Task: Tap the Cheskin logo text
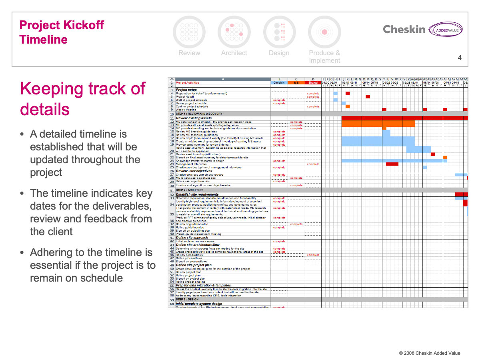404,29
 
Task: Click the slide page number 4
460,58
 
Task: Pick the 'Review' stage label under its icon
189,53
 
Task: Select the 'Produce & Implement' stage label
324,56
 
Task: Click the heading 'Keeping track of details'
82,98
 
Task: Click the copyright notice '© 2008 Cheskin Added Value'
430,353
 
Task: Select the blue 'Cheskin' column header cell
279,83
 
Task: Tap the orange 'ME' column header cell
296,83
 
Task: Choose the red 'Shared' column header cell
313,83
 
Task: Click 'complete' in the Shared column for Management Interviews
313,164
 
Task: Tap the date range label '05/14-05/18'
370,83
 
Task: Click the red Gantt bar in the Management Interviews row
392,164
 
